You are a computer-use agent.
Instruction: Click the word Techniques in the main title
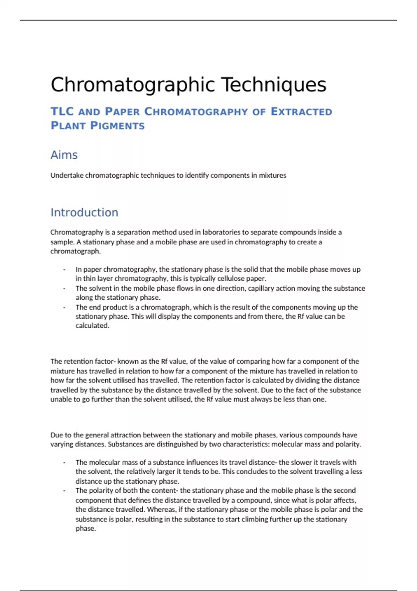coord(274,85)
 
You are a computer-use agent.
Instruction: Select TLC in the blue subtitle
coord(62,112)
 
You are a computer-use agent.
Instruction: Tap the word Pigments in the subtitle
coord(117,126)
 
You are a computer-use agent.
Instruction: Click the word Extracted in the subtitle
coord(301,112)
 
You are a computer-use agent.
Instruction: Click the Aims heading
coord(64,155)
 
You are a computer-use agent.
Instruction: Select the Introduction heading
coord(84,212)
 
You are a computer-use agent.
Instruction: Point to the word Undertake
coord(67,175)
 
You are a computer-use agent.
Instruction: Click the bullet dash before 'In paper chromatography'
coord(64,269)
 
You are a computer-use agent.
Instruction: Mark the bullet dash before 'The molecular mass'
coord(64,462)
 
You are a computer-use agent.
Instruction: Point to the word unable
coord(60,399)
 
